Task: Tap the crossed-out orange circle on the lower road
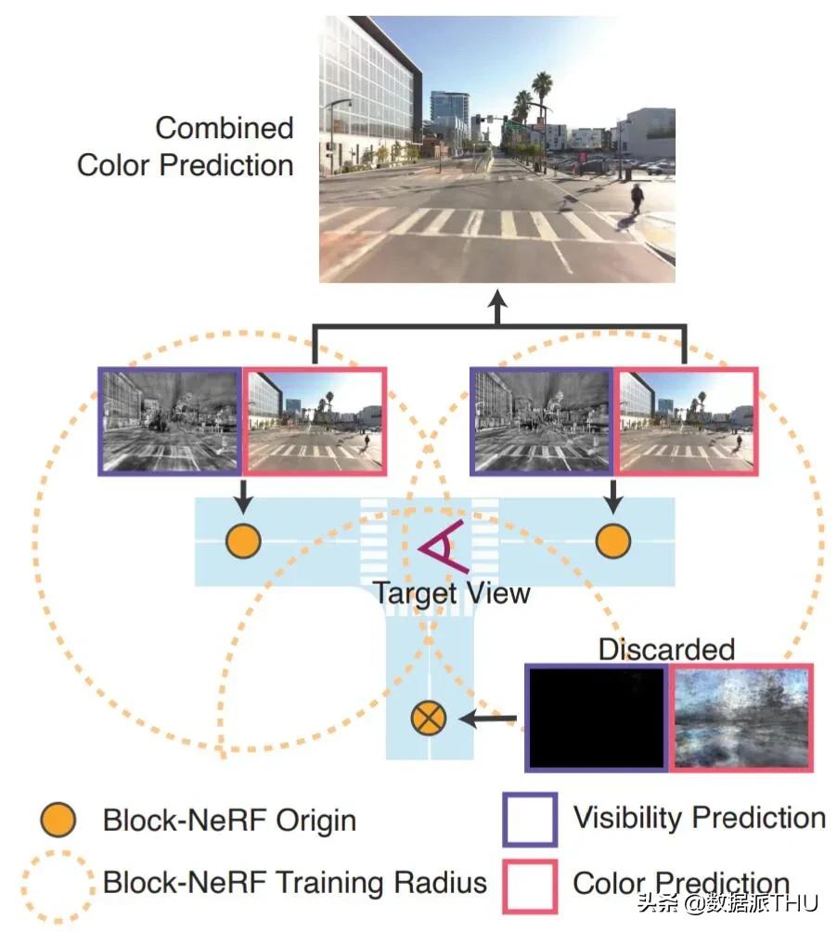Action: click(x=431, y=716)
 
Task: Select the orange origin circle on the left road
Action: click(x=243, y=542)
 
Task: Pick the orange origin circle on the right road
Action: click(x=612, y=542)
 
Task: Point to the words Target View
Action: click(x=452, y=593)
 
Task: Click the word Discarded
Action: click(x=666, y=648)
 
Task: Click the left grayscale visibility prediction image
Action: click(x=171, y=421)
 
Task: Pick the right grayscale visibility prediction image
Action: click(x=543, y=421)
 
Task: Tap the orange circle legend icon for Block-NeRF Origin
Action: click(x=59, y=820)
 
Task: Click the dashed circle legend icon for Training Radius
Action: click(x=59, y=883)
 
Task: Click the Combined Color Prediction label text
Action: click(x=186, y=147)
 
